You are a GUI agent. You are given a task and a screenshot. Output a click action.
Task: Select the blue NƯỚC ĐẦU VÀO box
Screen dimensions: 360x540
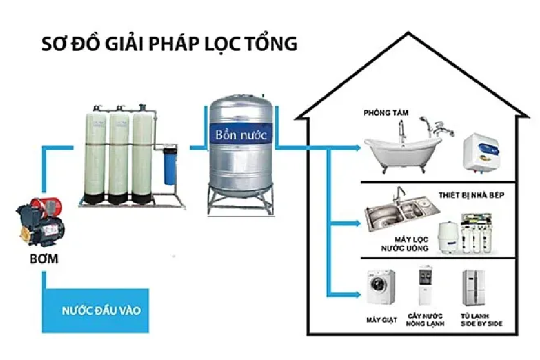101,310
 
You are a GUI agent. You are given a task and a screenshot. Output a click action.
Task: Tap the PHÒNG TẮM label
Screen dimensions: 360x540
386,113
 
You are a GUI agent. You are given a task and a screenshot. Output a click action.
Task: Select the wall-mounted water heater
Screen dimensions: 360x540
483,151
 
